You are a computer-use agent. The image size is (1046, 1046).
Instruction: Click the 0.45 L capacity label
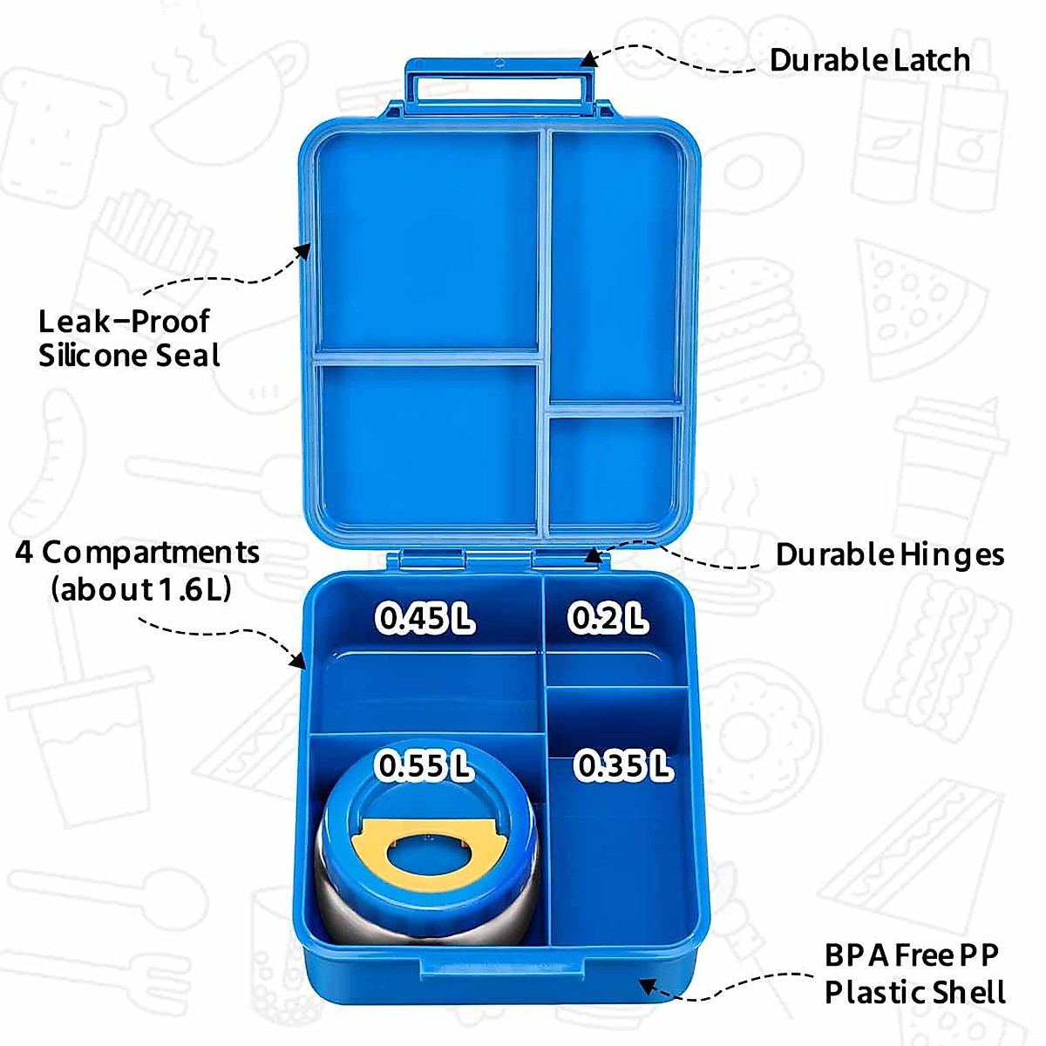point(425,618)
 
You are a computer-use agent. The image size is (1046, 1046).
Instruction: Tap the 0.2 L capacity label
point(608,618)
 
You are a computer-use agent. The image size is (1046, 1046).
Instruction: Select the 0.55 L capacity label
point(425,766)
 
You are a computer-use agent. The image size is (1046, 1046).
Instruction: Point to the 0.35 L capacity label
point(623,766)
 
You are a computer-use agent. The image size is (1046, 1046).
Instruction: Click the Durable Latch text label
point(869,60)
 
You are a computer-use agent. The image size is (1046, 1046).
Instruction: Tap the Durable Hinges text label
point(889,554)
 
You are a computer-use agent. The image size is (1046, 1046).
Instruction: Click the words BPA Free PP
point(911,955)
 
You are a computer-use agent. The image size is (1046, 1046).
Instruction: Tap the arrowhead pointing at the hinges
point(592,555)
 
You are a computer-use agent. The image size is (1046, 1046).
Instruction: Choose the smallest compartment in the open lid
point(614,466)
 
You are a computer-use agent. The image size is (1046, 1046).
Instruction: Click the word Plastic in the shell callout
point(874,993)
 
